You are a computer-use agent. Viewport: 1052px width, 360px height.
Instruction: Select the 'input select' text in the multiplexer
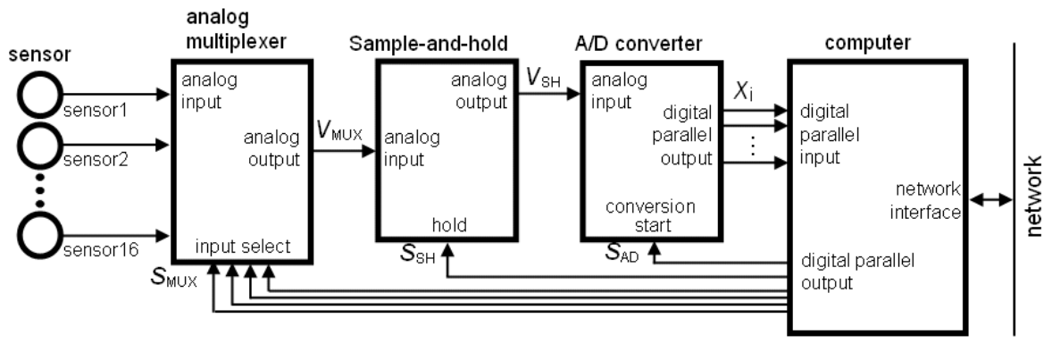coord(243,247)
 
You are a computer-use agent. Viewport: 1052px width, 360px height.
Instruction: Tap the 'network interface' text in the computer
coord(926,201)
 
